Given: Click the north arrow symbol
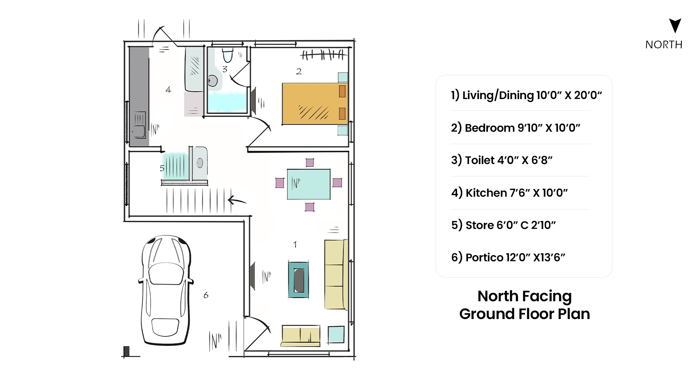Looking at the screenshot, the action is tap(675, 25).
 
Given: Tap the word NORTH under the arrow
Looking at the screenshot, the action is tap(664, 45).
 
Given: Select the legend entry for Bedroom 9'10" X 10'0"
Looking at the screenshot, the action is tap(515, 128).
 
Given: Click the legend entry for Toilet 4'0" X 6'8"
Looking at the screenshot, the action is tap(502, 160).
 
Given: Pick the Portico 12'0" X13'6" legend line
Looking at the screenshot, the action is tap(508, 257).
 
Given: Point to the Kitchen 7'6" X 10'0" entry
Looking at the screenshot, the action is tap(509, 193).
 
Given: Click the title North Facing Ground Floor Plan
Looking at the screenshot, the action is tap(525, 305).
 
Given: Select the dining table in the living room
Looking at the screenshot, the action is tap(309, 184).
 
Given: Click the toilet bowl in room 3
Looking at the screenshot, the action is tap(228, 55).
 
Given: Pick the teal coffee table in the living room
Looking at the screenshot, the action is tap(299, 279).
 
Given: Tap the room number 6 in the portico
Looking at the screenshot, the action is tap(206, 295).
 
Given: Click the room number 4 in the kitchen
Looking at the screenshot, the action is tap(168, 90).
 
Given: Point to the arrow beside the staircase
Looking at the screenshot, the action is tap(237, 200).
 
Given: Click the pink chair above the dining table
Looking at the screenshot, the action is tap(310, 162).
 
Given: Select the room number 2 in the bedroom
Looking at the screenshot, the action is tap(299, 72).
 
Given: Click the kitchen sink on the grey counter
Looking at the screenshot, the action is tap(140, 125).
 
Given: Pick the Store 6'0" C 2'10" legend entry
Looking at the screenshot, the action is tap(504, 225).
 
